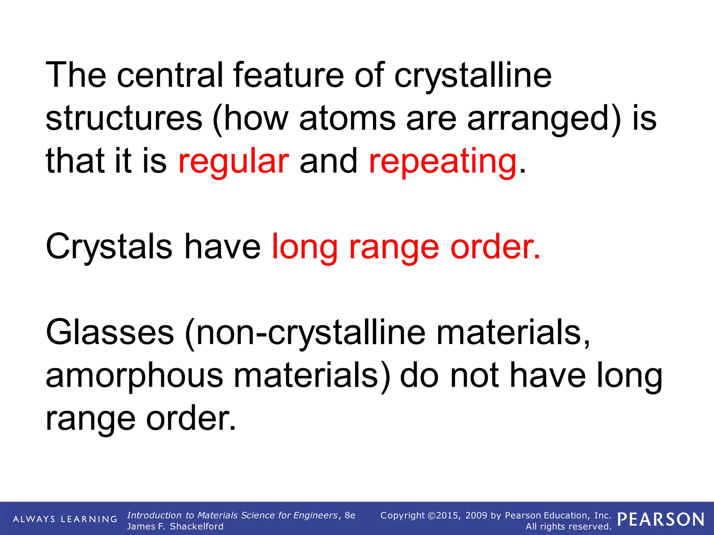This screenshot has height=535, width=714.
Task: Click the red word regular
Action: coord(233,161)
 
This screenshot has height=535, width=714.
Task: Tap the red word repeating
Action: coord(442,161)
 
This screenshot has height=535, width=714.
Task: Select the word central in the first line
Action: coord(170,75)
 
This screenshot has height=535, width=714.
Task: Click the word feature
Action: coord(288,75)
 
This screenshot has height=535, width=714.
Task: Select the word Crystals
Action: coord(109,247)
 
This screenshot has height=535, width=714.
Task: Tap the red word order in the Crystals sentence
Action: coord(495,247)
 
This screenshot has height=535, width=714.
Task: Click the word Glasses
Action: coord(110,332)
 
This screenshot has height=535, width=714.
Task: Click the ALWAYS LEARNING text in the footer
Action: coord(65,519)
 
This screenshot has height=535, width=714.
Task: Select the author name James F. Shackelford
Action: coord(175,526)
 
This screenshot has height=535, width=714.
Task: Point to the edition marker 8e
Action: coord(350,515)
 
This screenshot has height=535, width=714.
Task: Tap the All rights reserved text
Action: coord(568,526)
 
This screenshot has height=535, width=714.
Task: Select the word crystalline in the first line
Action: coord(473,75)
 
